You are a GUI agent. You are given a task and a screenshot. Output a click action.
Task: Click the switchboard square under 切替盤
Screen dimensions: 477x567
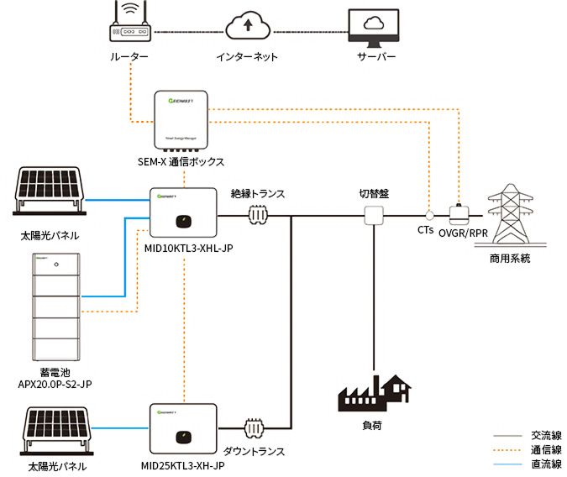[373, 216]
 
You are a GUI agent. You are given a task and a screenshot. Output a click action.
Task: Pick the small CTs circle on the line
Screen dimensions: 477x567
[428, 215]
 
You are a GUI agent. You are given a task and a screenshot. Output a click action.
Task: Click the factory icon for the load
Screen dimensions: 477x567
[374, 393]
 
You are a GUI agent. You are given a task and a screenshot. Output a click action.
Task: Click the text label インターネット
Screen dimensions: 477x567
[247, 57]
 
